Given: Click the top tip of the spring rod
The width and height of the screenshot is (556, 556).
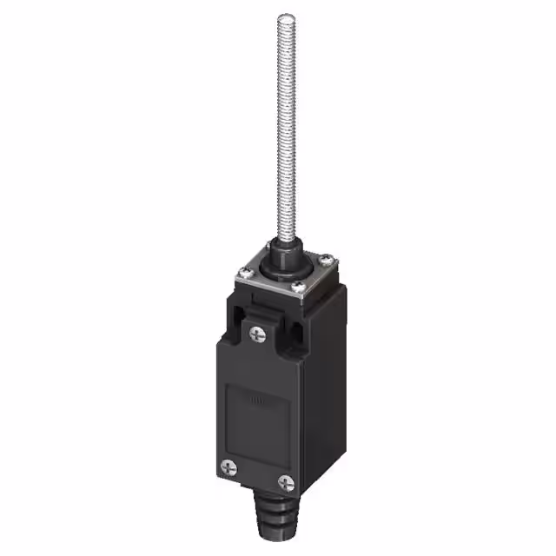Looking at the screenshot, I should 285,17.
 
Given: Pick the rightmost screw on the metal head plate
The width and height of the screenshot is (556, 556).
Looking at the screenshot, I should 324,258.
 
